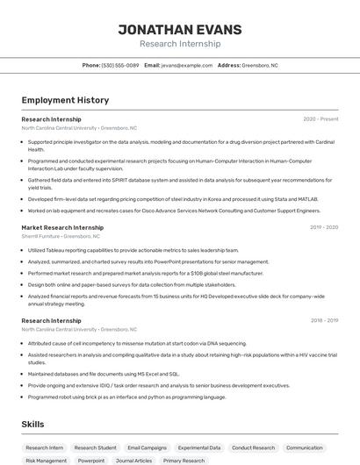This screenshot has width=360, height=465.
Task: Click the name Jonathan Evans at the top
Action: [x=180, y=29]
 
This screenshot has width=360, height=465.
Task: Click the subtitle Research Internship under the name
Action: [x=180, y=43]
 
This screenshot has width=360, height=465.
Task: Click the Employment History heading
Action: [x=65, y=100]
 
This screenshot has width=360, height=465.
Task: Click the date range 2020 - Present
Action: [x=320, y=119]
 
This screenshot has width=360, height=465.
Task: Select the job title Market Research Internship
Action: [x=62, y=227]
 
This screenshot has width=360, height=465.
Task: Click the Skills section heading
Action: [x=33, y=425]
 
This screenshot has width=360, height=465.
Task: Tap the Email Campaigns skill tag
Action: [x=147, y=447]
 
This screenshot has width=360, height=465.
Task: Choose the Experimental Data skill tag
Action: [x=199, y=447]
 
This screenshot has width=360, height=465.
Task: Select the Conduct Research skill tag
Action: [x=254, y=447]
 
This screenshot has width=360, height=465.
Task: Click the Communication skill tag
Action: [x=305, y=447]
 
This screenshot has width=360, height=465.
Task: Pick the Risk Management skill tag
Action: [x=46, y=461]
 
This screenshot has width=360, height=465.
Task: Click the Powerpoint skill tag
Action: [x=91, y=461]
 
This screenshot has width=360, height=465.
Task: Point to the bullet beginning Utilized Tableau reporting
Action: [x=133, y=250]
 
